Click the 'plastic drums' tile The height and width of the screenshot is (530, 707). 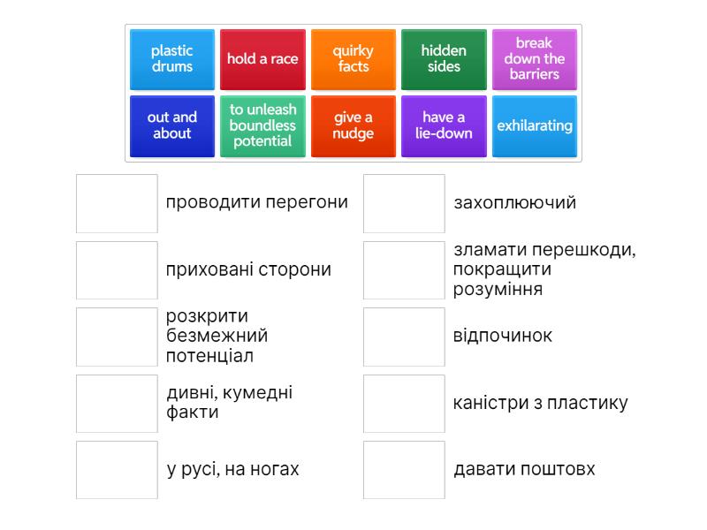coord(172,59)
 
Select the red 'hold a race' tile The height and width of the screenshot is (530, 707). coord(262,59)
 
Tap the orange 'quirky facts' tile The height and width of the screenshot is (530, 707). coord(353,59)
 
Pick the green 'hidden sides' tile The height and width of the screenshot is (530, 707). coord(444,59)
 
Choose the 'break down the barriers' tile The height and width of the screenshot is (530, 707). coord(534,59)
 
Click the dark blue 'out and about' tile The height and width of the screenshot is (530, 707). coord(172,125)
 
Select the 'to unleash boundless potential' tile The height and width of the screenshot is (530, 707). coord(262,125)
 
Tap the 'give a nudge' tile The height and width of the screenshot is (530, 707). coord(353,125)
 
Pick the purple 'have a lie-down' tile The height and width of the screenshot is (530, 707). coord(444,125)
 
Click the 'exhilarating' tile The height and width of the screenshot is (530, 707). coord(534,125)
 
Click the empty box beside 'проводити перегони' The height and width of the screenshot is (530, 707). coord(117,203)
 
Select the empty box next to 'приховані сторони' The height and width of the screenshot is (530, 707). coord(117,270)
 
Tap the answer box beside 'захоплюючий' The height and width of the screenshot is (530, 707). coord(404,203)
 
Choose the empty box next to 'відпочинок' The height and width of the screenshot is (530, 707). coord(404,337)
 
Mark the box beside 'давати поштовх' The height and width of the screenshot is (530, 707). coord(404,470)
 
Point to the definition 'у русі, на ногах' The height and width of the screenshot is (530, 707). coord(232,470)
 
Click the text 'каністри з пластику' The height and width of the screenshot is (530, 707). coord(540,404)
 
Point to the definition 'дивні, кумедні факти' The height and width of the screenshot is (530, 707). coord(229,403)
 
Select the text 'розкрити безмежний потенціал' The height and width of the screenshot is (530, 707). coord(217,337)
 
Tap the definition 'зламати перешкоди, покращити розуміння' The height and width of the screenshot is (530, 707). coord(544,269)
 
